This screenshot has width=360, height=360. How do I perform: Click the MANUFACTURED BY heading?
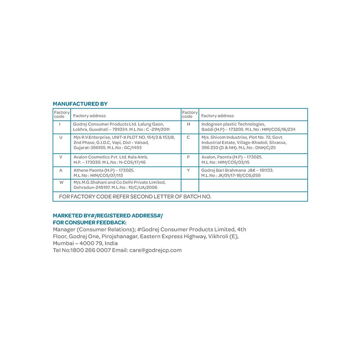[x=80, y=104]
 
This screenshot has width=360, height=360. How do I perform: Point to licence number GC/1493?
[x=131, y=148]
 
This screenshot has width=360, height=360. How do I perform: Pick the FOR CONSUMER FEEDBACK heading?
[x=87, y=222]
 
